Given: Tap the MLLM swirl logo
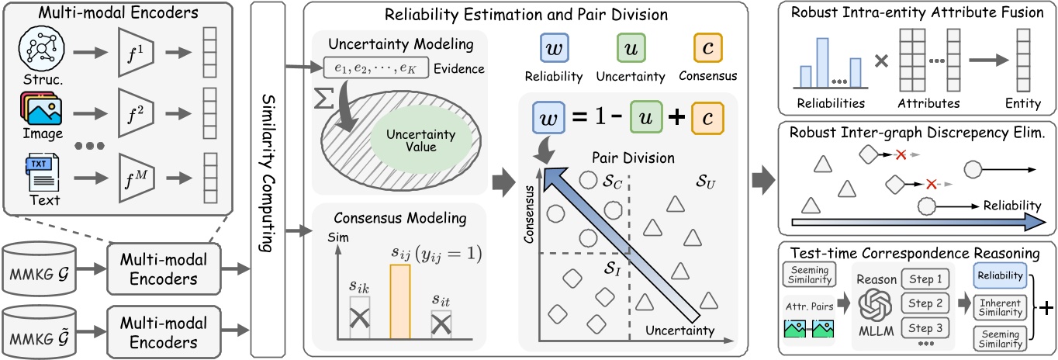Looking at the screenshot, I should tap(871, 303).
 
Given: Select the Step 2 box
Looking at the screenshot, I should tap(925, 304).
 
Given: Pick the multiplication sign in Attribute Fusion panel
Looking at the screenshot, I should tap(880, 61).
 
